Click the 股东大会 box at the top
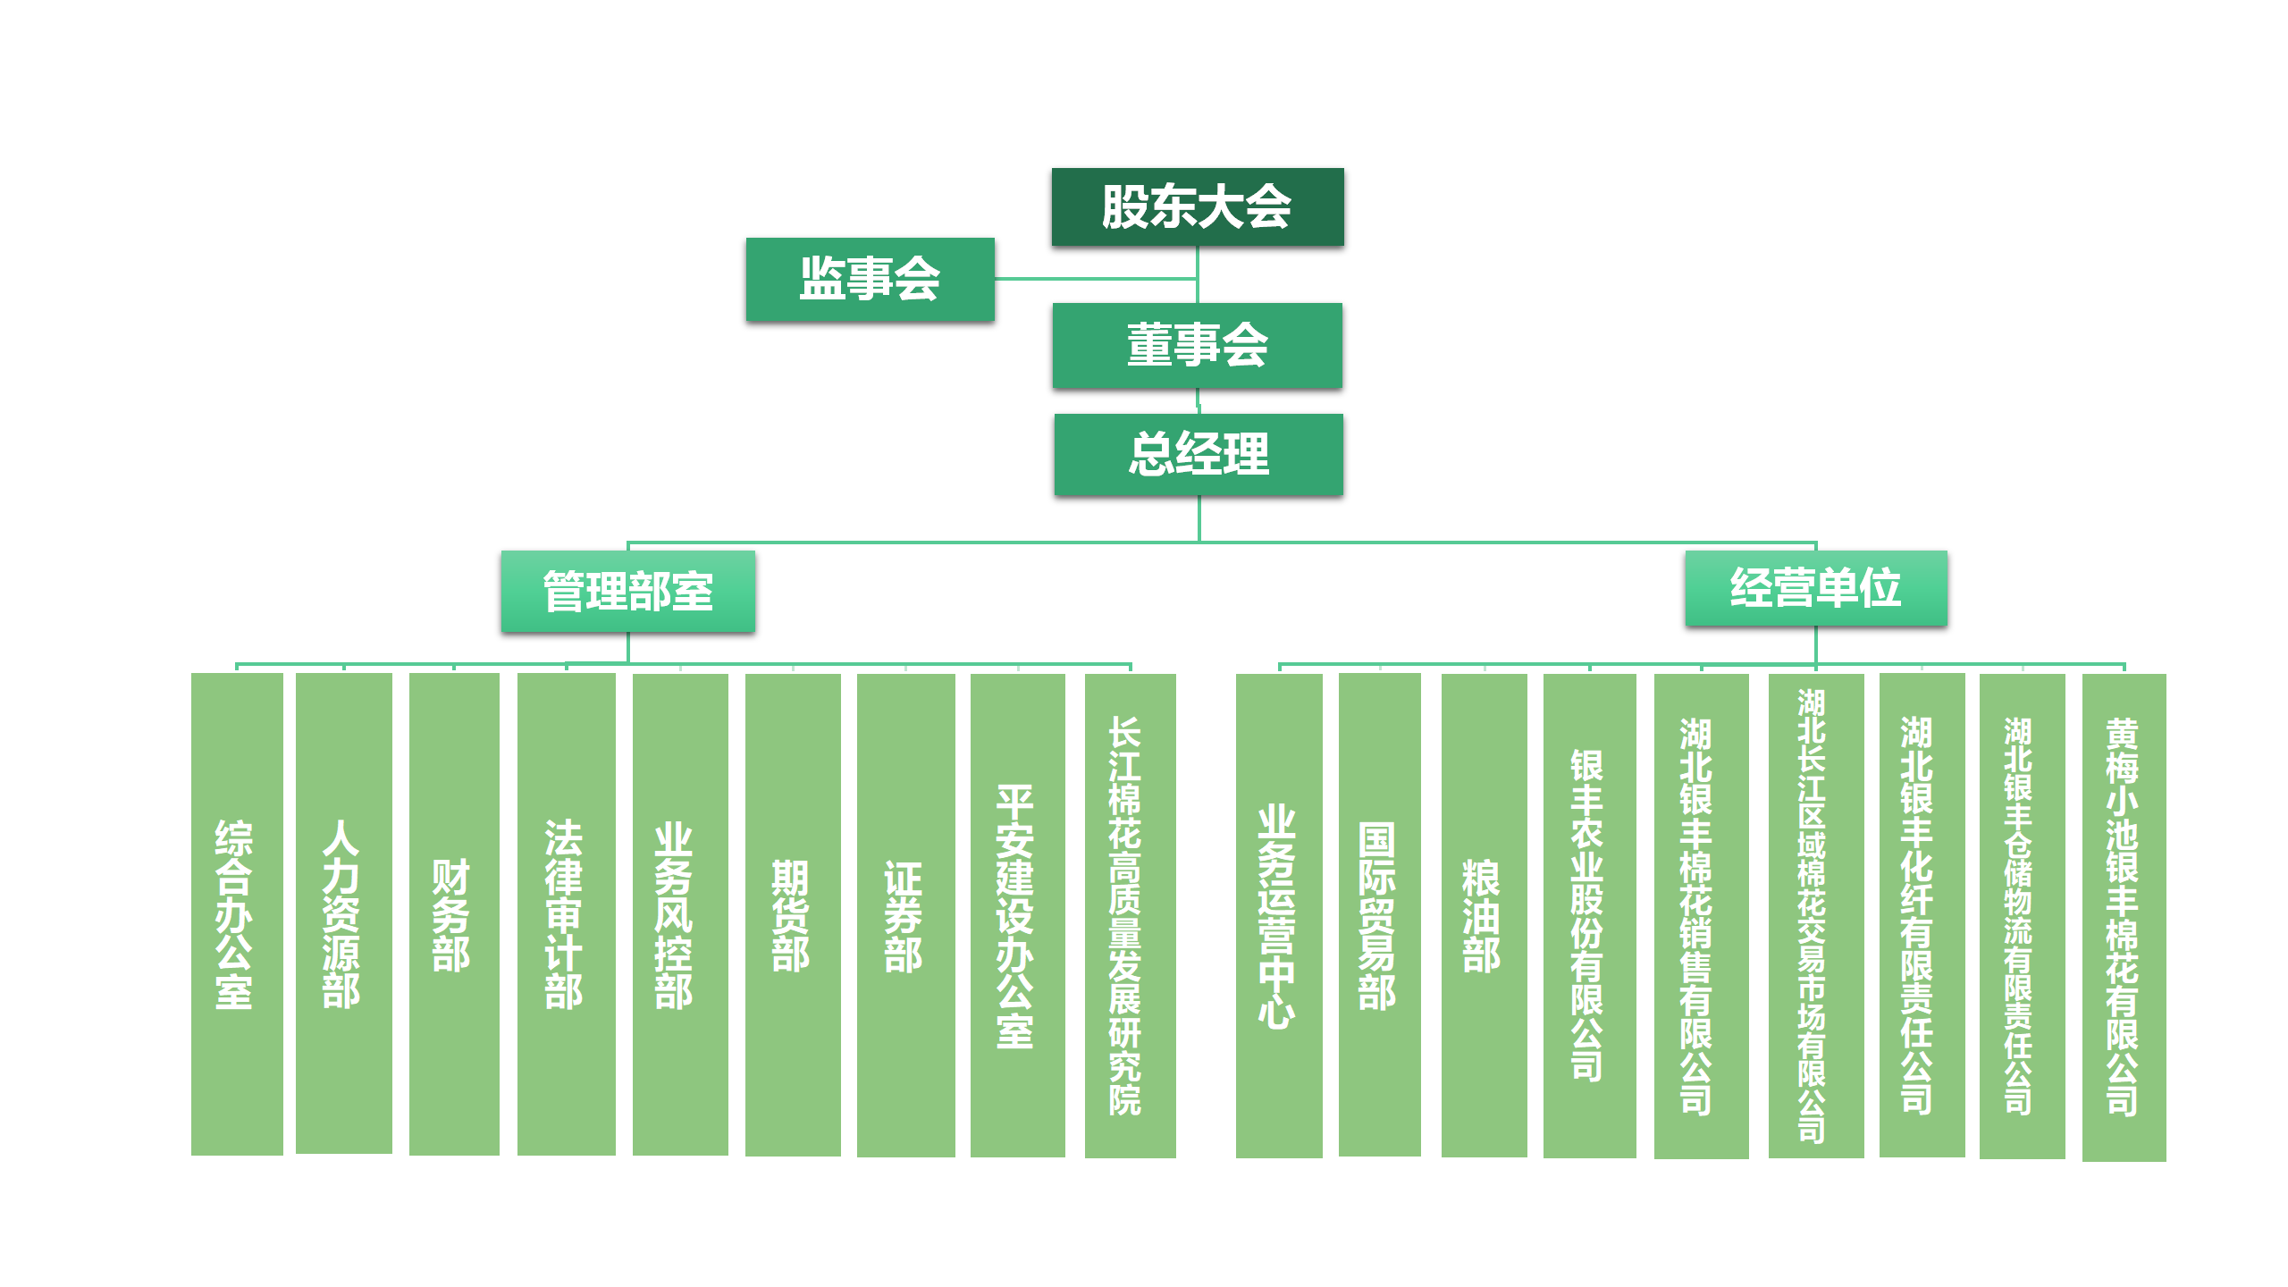tap(1197, 206)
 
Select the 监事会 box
tap(870, 279)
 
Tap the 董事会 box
tap(1197, 345)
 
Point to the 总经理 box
tap(1198, 454)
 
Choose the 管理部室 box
tap(627, 591)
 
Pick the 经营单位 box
tap(1815, 588)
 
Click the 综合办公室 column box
tap(236, 913)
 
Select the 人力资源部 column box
tap(343, 913)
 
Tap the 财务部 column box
tap(453, 913)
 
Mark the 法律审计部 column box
tap(565, 913)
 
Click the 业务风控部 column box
tap(679, 913)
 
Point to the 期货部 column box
tap(792, 913)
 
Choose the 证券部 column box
tap(904, 913)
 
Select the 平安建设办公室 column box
tap(1017, 913)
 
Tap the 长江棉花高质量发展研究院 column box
tap(1130, 913)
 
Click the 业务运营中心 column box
tap(1278, 913)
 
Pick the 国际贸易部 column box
tap(1379, 913)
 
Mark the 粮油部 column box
tap(1483, 913)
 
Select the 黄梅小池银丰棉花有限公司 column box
tap(2124, 916)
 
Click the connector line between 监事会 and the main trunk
tap(1095, 279)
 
